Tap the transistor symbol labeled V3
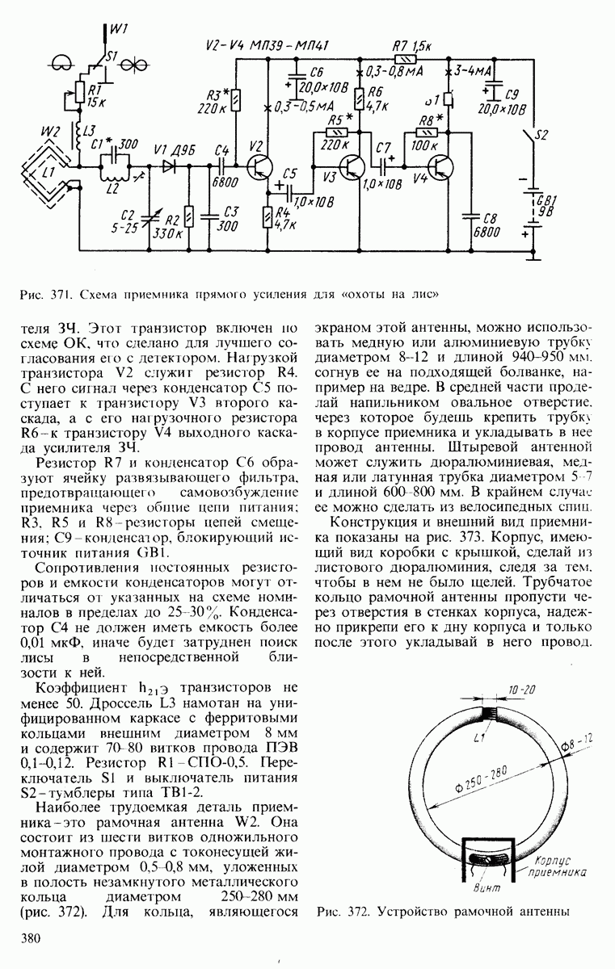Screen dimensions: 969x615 pos(353,167)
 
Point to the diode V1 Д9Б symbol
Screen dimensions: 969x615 pos(169,168)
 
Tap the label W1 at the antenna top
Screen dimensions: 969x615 pos(119,30)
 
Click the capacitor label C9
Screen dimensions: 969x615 pos(514,93)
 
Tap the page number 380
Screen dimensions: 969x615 pos(32,938)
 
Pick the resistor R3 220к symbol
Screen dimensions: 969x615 pos(235,100)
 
